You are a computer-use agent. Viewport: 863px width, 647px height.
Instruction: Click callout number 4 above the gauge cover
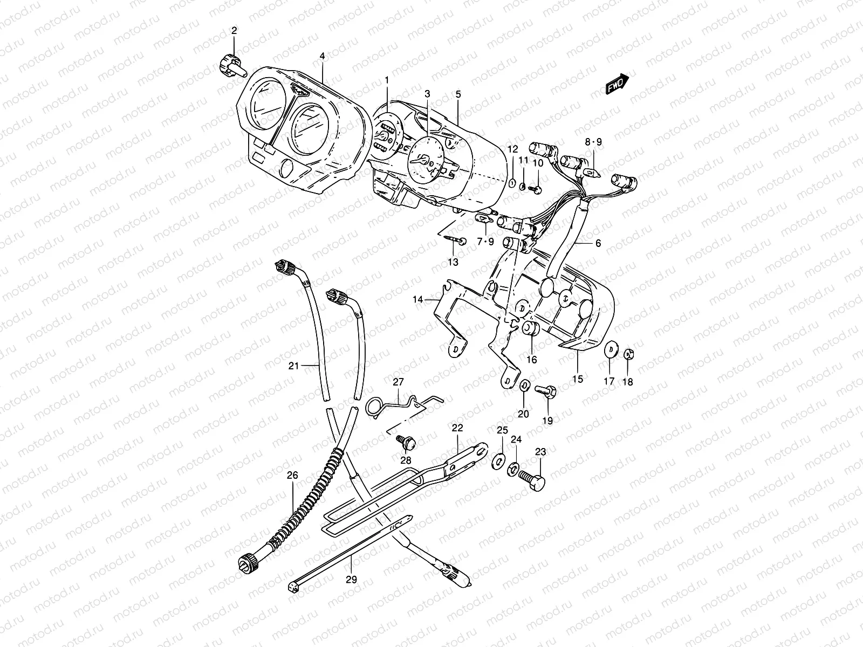click(x=322, y=56)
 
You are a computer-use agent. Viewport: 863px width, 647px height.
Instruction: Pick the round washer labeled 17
click(x=611, y=349)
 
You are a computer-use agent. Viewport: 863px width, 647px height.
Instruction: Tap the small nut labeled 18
click(x=628, y=354)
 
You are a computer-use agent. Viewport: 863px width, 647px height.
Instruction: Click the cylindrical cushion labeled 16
click(x=529, y=329)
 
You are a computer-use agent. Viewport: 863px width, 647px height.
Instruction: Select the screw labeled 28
click(x=406, y=442)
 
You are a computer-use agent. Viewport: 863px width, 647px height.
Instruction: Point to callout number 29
click(x=351, y=582)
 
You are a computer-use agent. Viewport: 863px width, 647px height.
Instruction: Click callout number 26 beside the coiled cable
click(x=292, y=476)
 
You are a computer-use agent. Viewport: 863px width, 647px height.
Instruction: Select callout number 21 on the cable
click(x=293, y=366)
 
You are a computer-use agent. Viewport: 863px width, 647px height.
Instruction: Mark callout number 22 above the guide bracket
click(x=457, y=428)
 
